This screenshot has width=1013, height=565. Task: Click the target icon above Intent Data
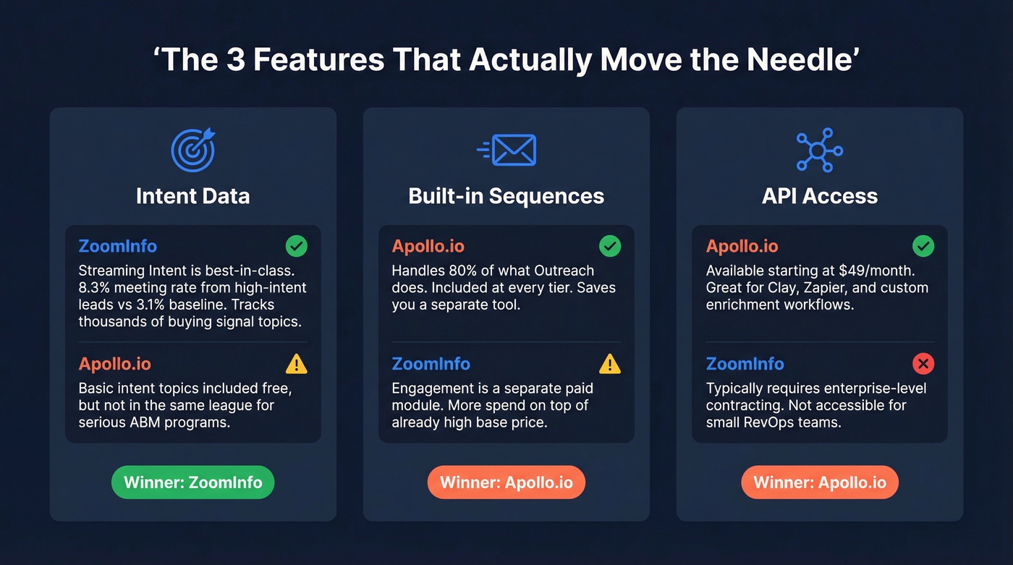(x=193, y=150)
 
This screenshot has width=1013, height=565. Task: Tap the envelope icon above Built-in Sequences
(x=507, y=150)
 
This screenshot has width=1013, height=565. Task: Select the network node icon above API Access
(x=820, y=150)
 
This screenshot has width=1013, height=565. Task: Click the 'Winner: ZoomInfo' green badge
(x=192, y=483)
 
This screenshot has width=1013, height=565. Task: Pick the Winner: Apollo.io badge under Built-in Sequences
(x=506, y=483)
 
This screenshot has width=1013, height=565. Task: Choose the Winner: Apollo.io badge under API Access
(x=819, y=483)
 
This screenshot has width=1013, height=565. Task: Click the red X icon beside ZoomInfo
(x=923, y=364)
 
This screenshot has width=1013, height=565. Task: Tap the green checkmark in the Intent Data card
(x=296, y=246)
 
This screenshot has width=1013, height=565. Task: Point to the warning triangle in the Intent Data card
(x=296, y=364)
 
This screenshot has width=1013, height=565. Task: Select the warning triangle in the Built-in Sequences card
(x=609, y=364)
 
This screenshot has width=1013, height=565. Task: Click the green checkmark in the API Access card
(x=923, y=246)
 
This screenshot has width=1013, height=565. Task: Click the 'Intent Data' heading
(x=192, y=196)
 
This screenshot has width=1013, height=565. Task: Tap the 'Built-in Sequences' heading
(x=506, y=196)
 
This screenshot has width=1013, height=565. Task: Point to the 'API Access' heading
(x=819, y=196)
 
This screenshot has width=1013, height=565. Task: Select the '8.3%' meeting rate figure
(x=94, y=288)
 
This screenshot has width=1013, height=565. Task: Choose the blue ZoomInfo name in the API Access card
(x=745, y=364)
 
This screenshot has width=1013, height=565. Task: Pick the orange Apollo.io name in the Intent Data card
(x=114, y=364)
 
